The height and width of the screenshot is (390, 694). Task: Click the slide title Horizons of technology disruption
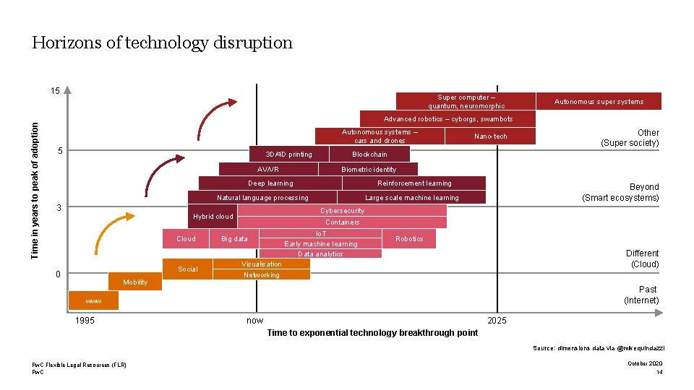pos(162,43)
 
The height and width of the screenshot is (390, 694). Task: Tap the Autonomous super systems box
pos(599,102)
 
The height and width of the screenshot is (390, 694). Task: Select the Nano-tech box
pos(490,136)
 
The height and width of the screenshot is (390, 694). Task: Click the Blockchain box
pos(369,154)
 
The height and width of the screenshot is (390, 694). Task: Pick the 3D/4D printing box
pos(288,154)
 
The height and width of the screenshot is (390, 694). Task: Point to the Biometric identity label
pos(369,170)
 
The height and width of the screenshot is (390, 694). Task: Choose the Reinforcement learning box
pos(414,183)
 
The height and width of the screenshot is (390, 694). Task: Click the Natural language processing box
pos(262,198)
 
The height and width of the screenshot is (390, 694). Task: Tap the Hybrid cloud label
pos(213,217)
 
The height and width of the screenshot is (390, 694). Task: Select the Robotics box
pos(409,239)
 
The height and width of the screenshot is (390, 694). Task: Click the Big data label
pos(234,239)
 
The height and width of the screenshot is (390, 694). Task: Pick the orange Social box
pos(187,269)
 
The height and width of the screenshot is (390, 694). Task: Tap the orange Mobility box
pos(135,282)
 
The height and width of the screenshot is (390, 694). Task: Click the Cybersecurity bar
pos(342,211)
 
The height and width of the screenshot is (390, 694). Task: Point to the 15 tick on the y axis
pos(56,92)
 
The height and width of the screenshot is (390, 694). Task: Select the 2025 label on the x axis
pos(497,321)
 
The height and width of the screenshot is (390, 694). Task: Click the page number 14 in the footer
pos(659,372)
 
